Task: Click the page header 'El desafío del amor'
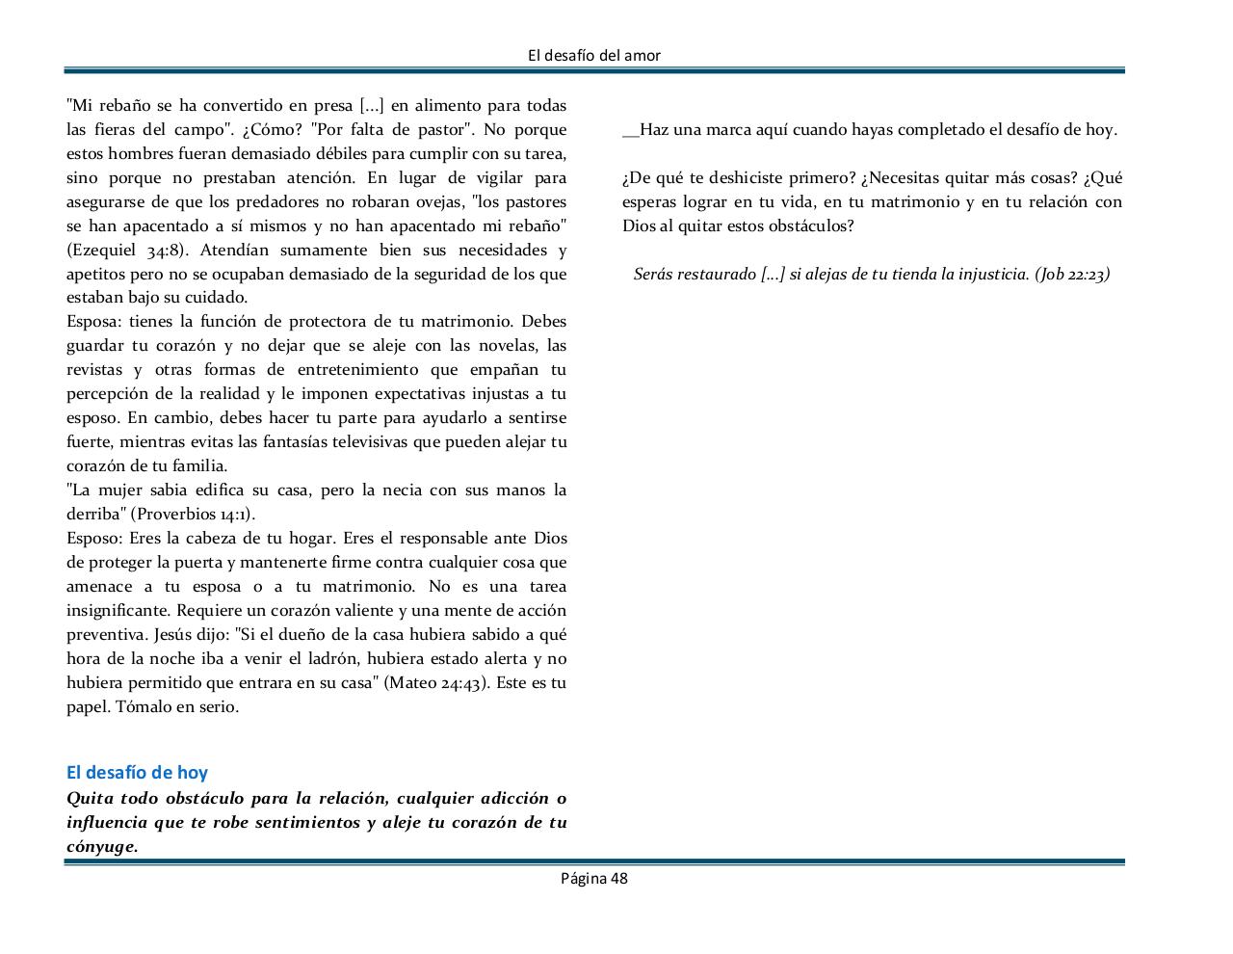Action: coord(594,56)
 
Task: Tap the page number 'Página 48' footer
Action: coord(594,879)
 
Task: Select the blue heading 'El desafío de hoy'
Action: coord(137,773)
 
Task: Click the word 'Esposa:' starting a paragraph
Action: coord(93,322)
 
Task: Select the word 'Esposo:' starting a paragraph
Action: coord(93,539)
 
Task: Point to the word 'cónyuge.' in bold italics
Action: coord(102,847)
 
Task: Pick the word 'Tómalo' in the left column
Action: coord(144,707)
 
